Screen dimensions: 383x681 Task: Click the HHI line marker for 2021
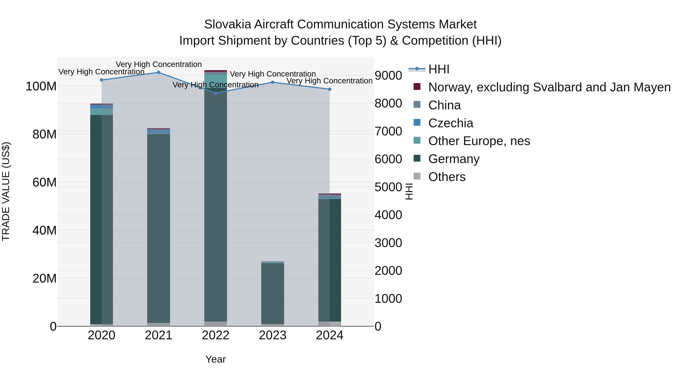159,72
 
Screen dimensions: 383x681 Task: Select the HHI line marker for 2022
215,93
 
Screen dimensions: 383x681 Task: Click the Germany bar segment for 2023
273,293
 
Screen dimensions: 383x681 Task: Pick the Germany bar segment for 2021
159,227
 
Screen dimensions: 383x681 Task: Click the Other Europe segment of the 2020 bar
102,112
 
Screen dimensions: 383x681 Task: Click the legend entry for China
444,105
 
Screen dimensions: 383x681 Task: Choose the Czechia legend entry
450,123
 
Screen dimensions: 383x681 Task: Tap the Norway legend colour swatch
417,86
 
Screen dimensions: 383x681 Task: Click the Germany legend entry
454,159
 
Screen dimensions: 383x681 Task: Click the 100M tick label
41,86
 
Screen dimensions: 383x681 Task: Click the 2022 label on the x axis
215,335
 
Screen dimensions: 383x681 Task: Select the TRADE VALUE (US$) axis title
6,191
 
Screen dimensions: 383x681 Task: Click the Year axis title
215,359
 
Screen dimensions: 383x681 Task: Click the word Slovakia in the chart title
227,24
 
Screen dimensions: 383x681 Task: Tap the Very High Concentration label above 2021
159,64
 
